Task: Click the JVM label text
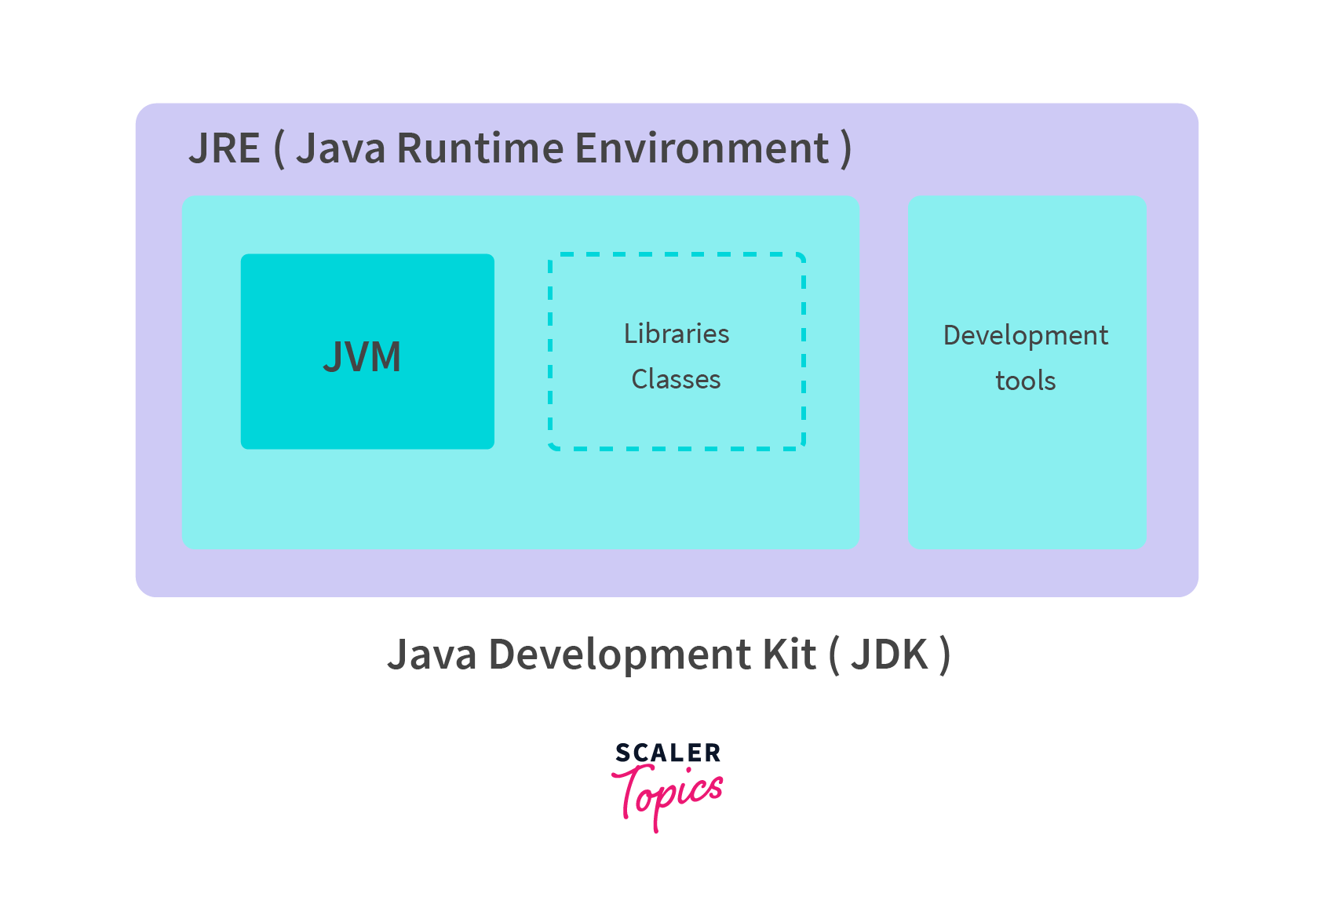[x=362, y=357]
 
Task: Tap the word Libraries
[x=677, y=334]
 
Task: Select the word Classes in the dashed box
[x=676, y=380]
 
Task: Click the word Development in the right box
[x=1025, y=336]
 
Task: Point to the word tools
[x=1025, y=381]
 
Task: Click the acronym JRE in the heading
[x=224, y=148]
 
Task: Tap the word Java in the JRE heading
[x=341, y=148]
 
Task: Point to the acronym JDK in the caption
[x=890, y=655]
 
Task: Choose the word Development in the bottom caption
[x=618, y=655]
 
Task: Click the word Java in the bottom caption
[x=432, y=655]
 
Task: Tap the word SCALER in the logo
[x=668, y=753]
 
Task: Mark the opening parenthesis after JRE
[x=279, y=149]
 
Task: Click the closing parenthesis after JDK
[x=945, y=655]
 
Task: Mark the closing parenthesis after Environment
[x=845, y=149]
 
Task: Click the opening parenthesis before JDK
[x=833, y=655]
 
